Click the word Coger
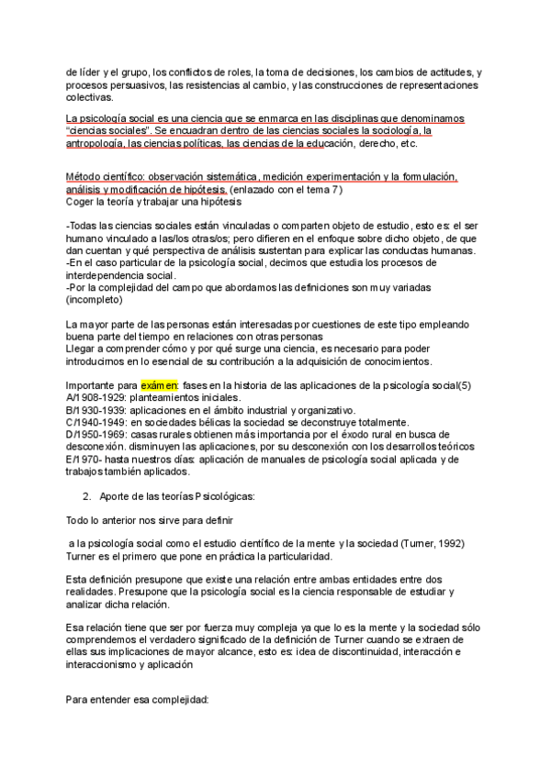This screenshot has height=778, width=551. click(x=81, y=201)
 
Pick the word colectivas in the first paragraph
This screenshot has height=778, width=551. click(x=89, y=97)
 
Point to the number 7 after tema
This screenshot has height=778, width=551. click(x=337, y=189)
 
